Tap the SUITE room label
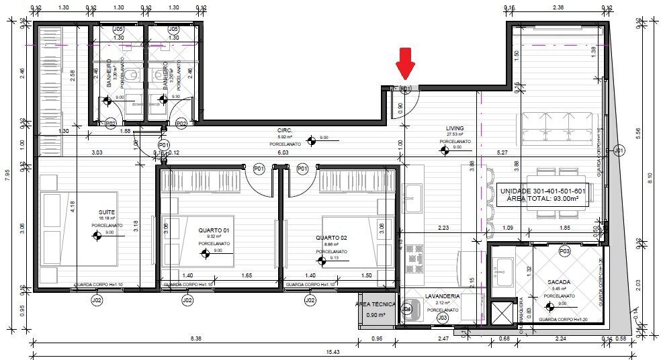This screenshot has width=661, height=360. click(x=107, y=211)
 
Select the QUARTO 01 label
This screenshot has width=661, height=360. click(x=214, y=230)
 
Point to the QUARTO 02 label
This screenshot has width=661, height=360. click(x=331, y=238)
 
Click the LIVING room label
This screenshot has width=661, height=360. click(x=455, y=128)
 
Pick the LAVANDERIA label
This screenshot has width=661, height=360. click(x=442, y=296)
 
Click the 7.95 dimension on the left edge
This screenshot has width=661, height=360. click(x=7, y=176)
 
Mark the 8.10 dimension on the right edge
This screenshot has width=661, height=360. click(x=650, y=177)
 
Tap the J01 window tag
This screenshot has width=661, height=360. click(x=619, y=150)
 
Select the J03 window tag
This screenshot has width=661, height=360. click(x=442, y=317)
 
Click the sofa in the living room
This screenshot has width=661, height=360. click(x=555, y=127)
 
